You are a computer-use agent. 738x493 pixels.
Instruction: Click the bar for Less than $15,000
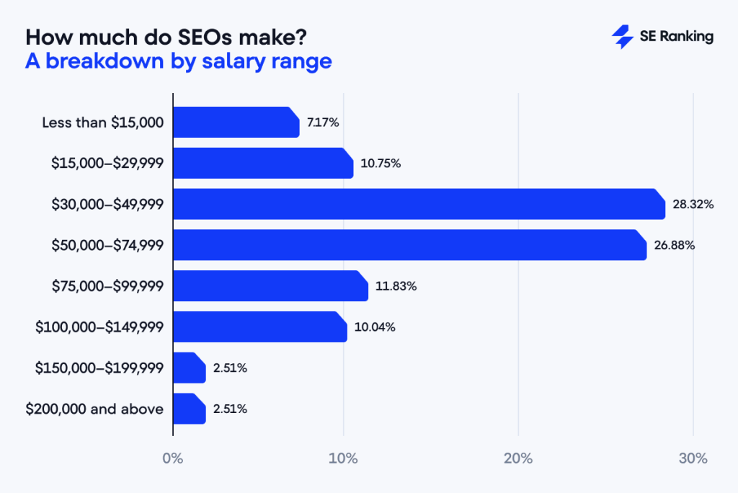(236, 123)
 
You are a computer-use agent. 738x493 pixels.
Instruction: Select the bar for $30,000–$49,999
(418, 204)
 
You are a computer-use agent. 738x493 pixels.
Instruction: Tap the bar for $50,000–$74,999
(409, 245)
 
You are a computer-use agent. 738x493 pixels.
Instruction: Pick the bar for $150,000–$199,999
(189, 368)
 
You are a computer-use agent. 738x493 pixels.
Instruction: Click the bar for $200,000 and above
(189, 409)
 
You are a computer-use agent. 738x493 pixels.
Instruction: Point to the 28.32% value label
(693, 205)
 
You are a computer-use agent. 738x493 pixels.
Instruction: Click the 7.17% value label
(323, 123)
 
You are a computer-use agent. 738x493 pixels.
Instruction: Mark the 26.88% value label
(674, 245)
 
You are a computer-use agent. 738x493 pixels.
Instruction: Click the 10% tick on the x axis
(343, 458)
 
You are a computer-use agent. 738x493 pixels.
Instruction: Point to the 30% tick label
(693, 458)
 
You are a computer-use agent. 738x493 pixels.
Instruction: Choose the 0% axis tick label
(173, 458)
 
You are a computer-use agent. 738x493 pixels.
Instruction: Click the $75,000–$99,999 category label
(107, 286)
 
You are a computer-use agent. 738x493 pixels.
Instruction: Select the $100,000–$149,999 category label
(99, 327)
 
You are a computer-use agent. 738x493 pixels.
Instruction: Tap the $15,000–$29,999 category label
(107, 164)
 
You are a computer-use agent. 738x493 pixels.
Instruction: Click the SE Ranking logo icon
(622, 37)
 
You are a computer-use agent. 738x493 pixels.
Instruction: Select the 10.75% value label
(380, 164)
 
